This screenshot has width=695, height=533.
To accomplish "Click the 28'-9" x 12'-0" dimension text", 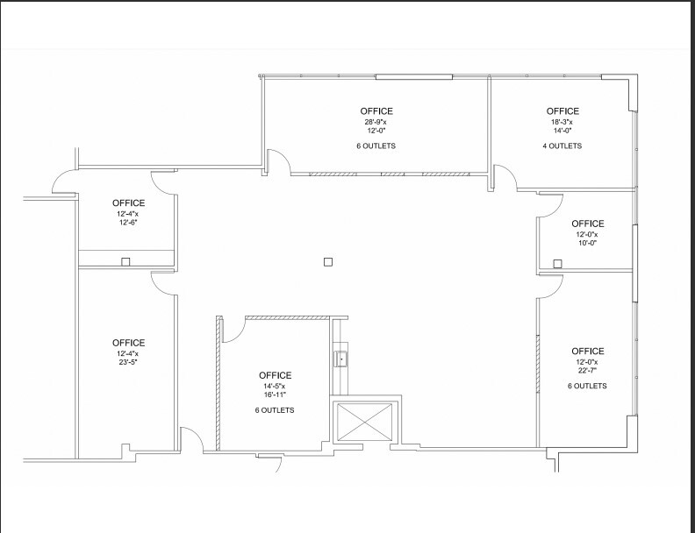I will coord(376,127).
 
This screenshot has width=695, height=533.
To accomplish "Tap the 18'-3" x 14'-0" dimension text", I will coord(562,127).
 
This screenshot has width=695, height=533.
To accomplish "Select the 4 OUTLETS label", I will coord(562,146).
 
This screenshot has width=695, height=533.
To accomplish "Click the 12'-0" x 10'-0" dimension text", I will coord(587,239).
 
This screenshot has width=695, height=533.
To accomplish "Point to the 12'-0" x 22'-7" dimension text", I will coord(587,367).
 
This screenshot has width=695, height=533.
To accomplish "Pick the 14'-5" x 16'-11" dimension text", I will coord(275,391).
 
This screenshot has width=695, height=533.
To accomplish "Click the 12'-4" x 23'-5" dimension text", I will coord(128,359).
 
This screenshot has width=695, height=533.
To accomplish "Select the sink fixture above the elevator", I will coord(340,358).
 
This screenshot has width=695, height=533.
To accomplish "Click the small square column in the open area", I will coord(328,261).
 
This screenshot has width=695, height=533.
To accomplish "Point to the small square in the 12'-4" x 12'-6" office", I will coord(125,261).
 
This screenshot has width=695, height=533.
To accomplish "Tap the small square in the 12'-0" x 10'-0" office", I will coord(557,262).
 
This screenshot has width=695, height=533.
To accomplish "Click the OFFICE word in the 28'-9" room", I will coord(376,111).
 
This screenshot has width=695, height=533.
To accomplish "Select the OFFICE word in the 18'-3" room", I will coord(562,111).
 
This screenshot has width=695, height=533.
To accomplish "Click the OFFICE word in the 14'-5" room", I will coord(275,376).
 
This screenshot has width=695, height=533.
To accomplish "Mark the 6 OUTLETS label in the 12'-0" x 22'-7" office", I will coord(587,386).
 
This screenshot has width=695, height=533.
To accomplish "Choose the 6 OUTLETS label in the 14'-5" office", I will coord(275,410).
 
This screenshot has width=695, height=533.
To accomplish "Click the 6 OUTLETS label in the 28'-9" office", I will coord(376,146).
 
